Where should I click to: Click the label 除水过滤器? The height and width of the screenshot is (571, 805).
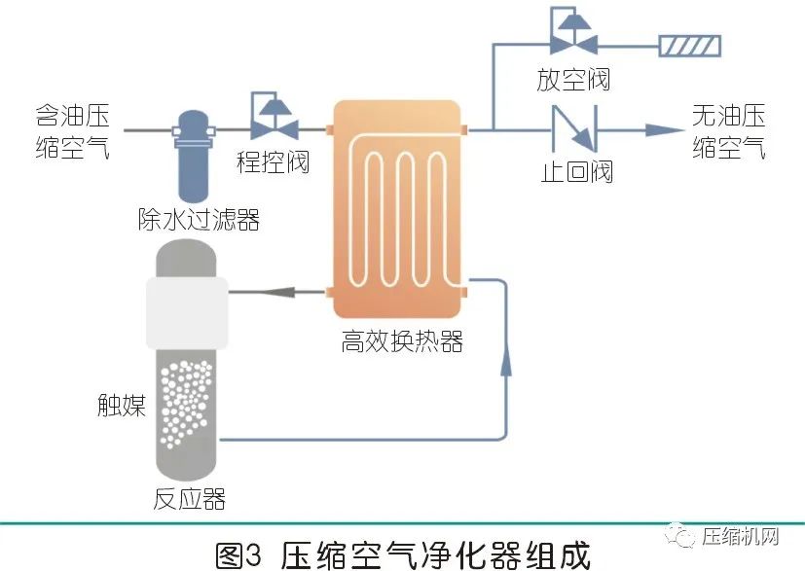tap(199, 221)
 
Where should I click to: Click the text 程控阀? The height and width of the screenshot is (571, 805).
tap(274, 161)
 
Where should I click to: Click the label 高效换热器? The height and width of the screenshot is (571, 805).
tap(401, 341)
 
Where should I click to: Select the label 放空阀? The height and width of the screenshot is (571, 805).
tap(573, 79)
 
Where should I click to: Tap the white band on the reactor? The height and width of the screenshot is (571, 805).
tap(186, 312)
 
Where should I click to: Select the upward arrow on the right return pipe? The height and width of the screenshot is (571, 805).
tap(506, 362)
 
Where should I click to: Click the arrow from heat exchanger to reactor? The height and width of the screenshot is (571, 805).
tap(272, 290)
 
